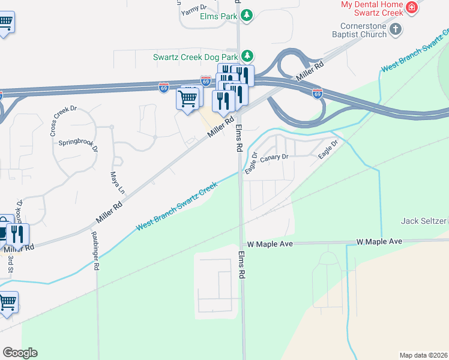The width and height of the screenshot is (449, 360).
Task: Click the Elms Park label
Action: (x=218, y=16)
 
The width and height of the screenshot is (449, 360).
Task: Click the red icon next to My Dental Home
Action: (x=412, y=8)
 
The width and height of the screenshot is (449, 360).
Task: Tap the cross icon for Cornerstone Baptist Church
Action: (x=396, y=28)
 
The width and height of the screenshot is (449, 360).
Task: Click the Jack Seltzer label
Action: (x=425, y=221)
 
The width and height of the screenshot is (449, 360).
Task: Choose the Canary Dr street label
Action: (x=274, y=157)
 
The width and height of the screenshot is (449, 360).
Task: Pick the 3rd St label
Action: (x=10, y=264)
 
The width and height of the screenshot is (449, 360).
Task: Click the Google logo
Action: (x=20, y=353)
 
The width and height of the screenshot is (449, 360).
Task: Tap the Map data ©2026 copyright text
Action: (x=423, y=355)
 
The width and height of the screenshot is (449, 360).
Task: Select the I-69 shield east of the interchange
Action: (x=318, y=94)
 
